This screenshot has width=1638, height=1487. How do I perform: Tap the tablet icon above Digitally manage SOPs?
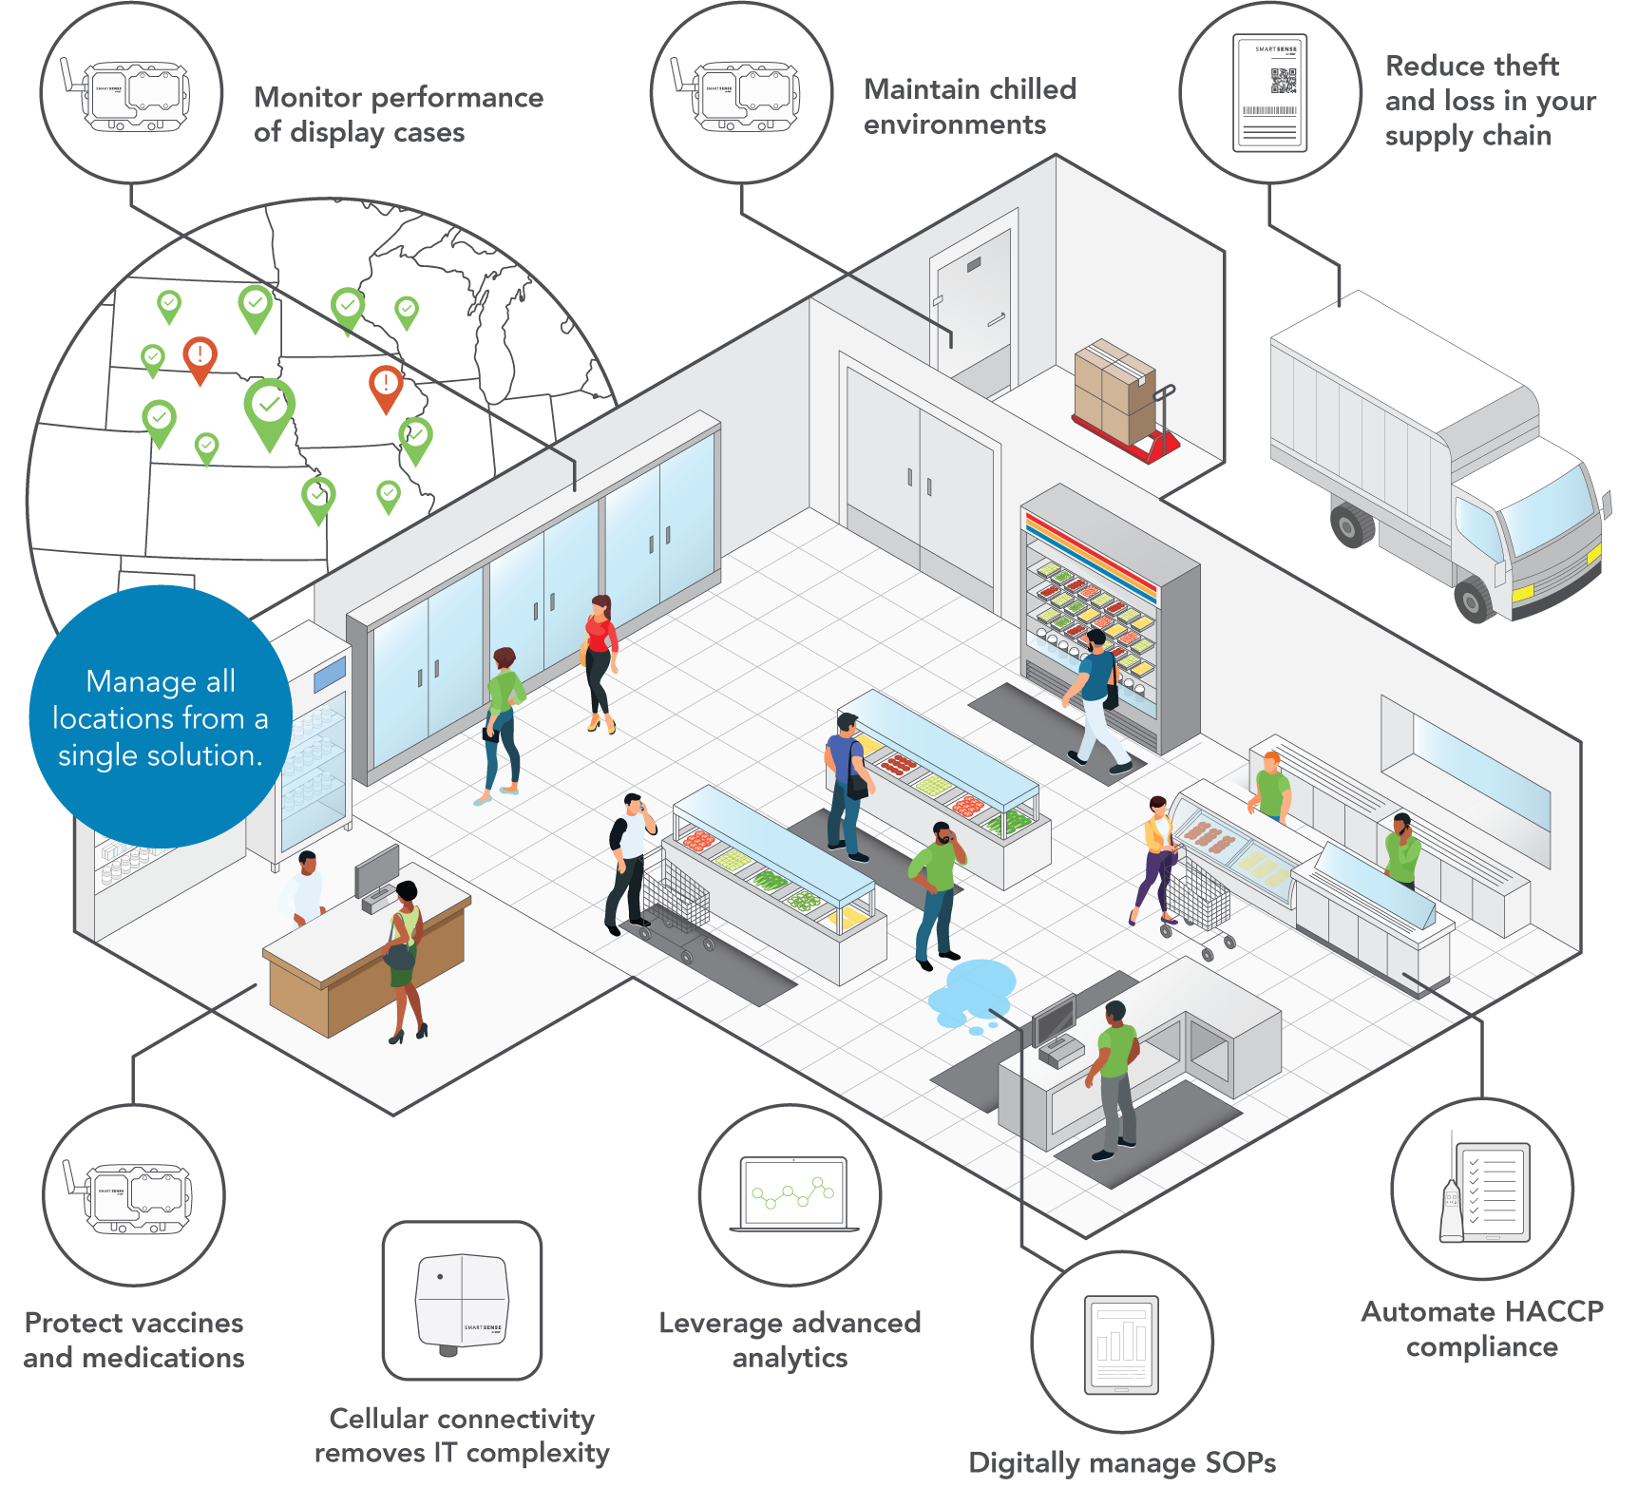[x=1121, y=1344]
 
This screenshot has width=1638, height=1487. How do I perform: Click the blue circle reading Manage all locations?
[x=160, y=717]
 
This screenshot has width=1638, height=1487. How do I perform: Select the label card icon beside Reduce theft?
[x=1269, y=93]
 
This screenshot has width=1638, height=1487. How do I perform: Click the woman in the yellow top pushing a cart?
[x=1156, y=855]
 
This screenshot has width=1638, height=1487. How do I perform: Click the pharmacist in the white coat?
[x=305, y=888]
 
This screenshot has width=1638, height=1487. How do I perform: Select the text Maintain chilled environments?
[x=969, y=106]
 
